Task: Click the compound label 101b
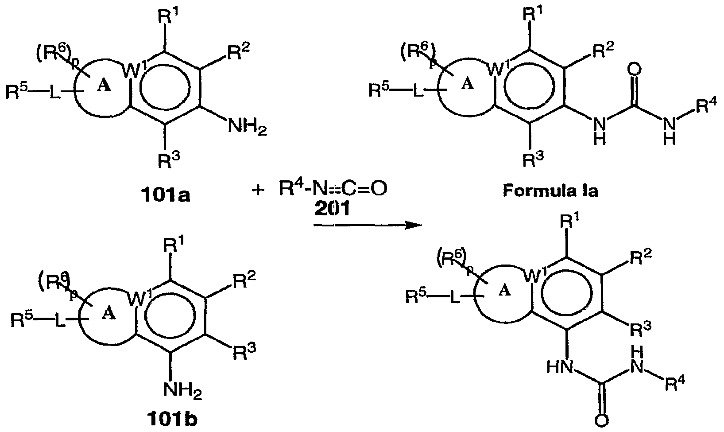click(171, 420)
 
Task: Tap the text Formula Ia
click(550, 191)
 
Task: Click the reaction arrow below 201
click(368, 226)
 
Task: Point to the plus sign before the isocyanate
click(258, 190)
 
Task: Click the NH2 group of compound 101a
click(248, 126)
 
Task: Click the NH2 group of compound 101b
click(182, 391)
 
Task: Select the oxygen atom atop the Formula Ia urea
click(634, 69)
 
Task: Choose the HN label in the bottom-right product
click(559, 368)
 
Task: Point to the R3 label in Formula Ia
click(533, 158)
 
